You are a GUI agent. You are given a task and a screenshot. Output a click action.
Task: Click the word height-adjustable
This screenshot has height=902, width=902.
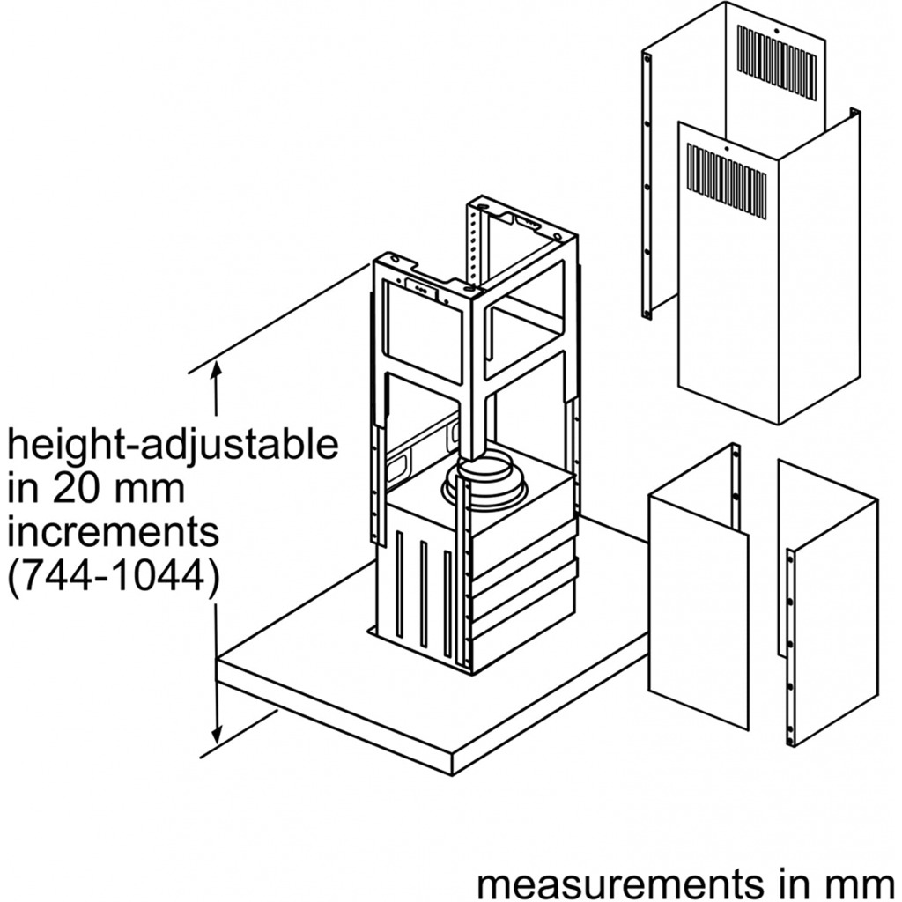pyautogui.click(x=173, y=446)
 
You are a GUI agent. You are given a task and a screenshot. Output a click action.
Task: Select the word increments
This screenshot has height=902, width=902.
pyautogui.click(x=113, y=533)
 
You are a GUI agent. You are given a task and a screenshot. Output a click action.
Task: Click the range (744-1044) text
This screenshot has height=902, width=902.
pyautogui.click(x=113, y=577)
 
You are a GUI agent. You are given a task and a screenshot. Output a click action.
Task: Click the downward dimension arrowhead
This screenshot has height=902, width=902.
pyautogui.click(x=217, y=735)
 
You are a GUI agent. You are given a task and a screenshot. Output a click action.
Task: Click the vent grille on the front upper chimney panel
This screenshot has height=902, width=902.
pyautogui.click(x=727, y=182)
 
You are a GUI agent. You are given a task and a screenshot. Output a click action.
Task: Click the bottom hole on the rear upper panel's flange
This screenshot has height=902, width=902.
pyautogui.click(x=647, y=313)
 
